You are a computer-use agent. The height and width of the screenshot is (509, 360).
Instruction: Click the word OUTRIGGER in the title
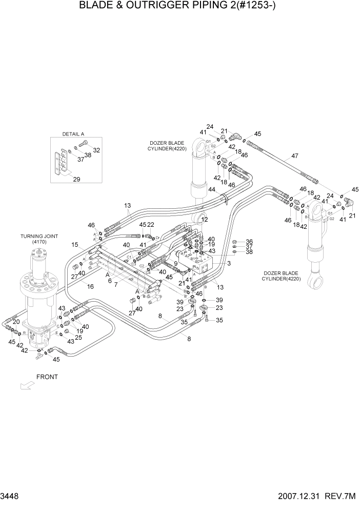(x=165, y=7)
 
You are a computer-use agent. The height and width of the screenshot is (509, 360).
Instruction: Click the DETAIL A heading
(x=73, y=134)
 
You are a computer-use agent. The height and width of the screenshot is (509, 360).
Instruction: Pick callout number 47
(x=294, y=156)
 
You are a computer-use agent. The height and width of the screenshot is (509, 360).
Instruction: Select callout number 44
(x=212, y=190)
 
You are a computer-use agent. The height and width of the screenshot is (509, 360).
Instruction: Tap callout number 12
(x=205, y=219)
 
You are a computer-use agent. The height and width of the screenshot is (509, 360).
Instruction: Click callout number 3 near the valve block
(x=229, y=263)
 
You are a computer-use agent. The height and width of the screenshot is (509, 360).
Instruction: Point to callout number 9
(x=175, y=263)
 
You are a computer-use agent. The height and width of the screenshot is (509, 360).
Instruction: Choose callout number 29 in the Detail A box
(x=77, y=179)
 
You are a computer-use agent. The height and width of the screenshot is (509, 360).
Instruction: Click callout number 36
(x=249, y=242)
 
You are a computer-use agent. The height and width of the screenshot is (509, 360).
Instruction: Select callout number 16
(x=90, y=286)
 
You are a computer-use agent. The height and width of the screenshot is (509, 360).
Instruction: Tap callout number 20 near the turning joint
(x=16, y=322)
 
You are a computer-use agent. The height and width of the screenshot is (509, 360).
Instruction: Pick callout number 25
(x=78, y=337)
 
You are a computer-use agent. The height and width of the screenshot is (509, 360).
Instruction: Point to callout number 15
(x=75, y=244)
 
